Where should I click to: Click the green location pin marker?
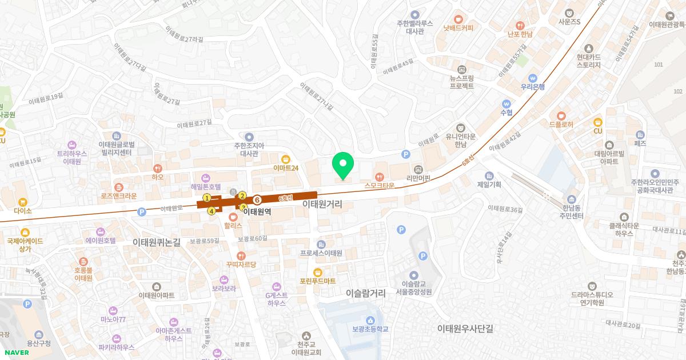coord(343,166)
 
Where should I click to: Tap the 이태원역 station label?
coord(257,211)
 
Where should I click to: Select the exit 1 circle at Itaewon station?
coord(207,198)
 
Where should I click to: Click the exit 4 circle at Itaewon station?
coord(212,211)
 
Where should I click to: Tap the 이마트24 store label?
coord(286,168)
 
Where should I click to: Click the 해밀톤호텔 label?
coord(205,187)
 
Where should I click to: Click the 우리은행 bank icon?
coord(533,78)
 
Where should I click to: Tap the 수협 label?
coord(506,113)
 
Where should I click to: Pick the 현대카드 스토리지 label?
coord(589,61)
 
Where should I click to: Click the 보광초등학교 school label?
coord(370,329)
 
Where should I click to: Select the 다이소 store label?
coord(23,210)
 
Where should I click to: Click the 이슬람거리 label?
coord(366,293)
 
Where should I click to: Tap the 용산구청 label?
coord(39,343)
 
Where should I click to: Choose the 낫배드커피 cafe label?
coord(458,27)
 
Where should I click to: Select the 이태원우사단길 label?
coord(465,329)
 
